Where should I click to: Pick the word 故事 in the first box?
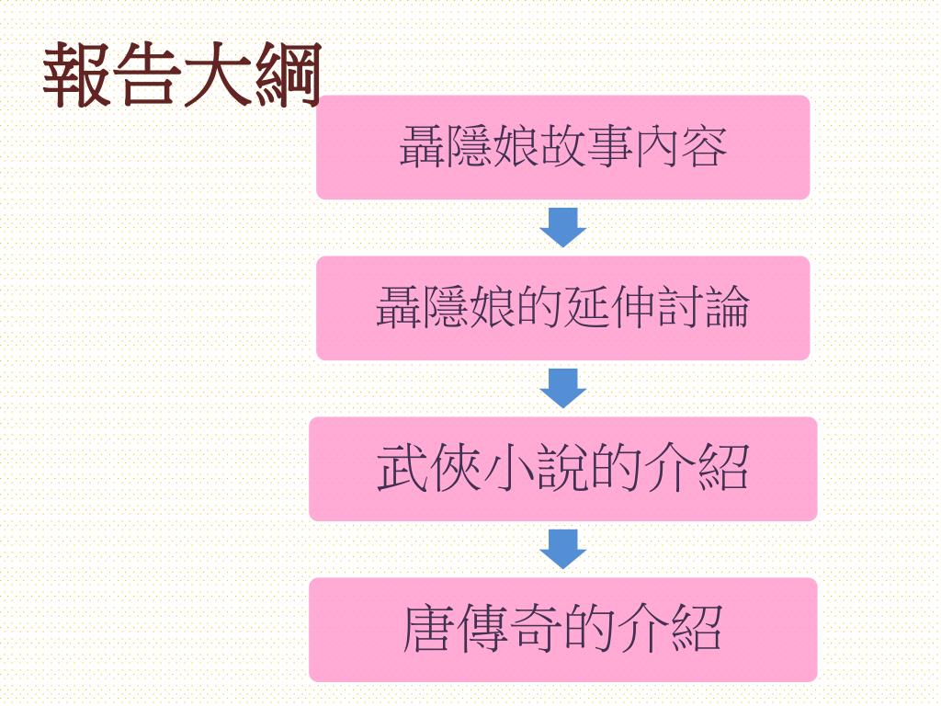(587, 147)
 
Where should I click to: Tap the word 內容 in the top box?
(681, 147)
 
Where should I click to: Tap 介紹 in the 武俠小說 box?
(697, 469)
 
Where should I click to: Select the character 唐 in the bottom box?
(429, 630)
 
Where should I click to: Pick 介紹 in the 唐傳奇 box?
(670, 630)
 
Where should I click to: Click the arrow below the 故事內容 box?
(562, 227)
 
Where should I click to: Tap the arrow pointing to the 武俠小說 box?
(562, 388)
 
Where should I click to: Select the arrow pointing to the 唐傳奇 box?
(562, 549)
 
